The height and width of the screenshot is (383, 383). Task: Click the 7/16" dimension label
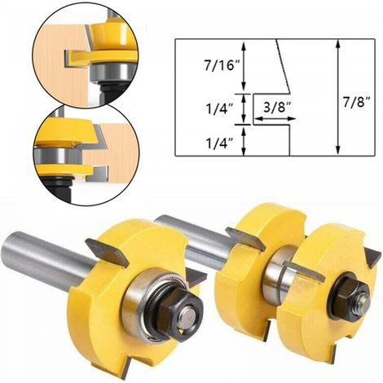[x=219, y=66]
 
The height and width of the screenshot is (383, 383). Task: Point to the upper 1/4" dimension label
[x=219, y=109]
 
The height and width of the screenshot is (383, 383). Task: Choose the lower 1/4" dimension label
[x=219, y=143]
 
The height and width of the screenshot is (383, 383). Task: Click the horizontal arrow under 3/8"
[x=275, y=119]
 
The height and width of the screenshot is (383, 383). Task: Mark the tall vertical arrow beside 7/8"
[x=337, y=97]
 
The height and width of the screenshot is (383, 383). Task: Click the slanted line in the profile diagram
[x=283, y=66]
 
